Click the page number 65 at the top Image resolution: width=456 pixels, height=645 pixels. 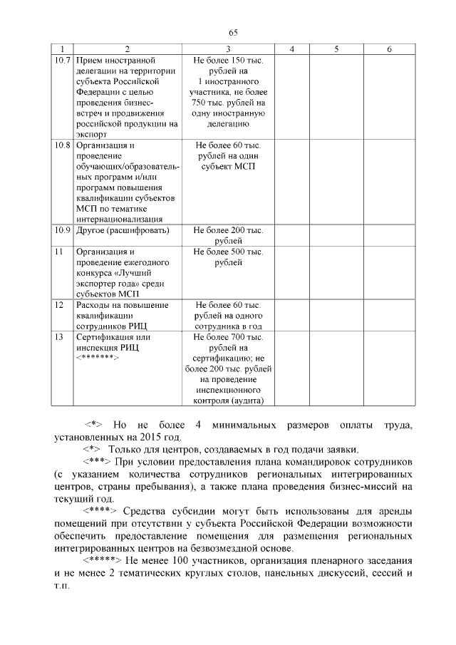point(233,32)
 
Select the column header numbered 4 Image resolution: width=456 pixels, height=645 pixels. point(291,48)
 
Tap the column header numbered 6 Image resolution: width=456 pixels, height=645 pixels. point(389,48)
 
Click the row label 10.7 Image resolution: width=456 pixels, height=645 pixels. point(63,61)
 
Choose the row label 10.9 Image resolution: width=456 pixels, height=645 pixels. point(63,231)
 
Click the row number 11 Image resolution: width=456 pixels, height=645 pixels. point(59,252)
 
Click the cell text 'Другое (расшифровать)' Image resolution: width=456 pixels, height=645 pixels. point(123,231)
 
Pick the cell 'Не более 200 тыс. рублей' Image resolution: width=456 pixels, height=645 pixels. point(228,236)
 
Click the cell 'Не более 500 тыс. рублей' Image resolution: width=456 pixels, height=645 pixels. point(228,257)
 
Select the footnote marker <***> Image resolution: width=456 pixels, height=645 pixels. point(98,463)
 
